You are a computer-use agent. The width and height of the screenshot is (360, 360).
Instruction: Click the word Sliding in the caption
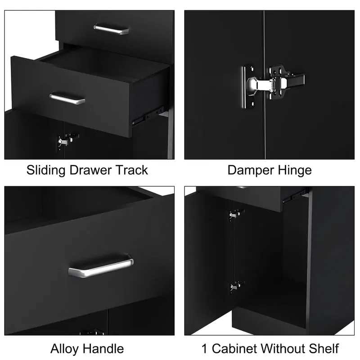coord(46,171)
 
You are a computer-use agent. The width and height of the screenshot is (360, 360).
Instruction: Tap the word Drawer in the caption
coord(90,170)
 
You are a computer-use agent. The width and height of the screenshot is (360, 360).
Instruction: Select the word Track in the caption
coord(132,170)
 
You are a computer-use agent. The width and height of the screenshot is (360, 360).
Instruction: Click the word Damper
coord(251,171)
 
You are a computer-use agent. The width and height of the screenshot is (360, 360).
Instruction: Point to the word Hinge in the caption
coord(295,171)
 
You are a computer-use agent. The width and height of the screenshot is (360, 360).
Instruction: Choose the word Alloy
coord(65,349)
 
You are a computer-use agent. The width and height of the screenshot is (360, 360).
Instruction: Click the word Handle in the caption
coord(103,349)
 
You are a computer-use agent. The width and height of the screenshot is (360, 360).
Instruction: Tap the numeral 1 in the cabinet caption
coord(204,349)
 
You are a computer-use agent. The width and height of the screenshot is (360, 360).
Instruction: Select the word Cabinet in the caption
coord(234,349)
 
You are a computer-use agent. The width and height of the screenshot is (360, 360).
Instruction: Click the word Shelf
coord(324,349)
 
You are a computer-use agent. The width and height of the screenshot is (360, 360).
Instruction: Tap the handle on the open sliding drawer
coord(67,99)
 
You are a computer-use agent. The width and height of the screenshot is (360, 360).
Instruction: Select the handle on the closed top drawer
coord(111,29)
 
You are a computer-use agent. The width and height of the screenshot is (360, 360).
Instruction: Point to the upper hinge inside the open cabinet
coord(236,215)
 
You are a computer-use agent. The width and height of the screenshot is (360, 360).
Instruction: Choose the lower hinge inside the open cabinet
coord(237,287)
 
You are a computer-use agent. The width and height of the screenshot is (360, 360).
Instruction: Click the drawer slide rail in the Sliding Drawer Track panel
coord(148,116)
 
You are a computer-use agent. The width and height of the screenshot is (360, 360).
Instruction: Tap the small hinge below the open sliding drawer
coord(67,140)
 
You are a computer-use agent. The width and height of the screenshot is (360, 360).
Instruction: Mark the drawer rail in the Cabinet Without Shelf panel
coord(295,196)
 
